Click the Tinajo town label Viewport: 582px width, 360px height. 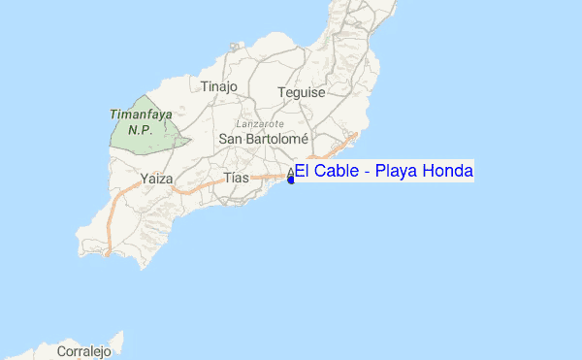click(x=218, y=86)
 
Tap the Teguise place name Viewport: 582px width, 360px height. click(x=300, y=93)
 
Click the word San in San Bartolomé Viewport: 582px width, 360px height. click(x=232, y=139)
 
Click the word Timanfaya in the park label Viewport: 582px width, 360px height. click(x=141, y=114)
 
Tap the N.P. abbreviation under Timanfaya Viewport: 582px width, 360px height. click(x=141, y=128)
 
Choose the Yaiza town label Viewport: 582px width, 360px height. click(x=156, y=179)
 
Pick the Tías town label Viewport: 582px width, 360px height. click(x=237, y=179)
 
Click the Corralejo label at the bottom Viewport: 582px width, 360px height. click(x=84, y=350)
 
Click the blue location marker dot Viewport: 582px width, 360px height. click(x=291, y=180)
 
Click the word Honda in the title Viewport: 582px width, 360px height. click(x=448, y=172)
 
